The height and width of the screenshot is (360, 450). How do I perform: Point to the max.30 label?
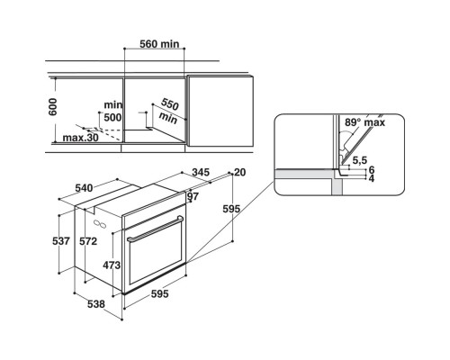pyautogui.click(x=80, y=138)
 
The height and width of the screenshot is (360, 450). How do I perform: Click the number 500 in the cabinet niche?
pyautogui.click(x=112, y=117)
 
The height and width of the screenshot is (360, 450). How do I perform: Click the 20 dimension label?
pyautogui.click(x=238, y=172)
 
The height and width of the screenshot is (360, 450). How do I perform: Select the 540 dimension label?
pyautogui.click(x=85, y=188)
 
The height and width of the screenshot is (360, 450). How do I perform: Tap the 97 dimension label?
pyautogui.click(x=193, y=196)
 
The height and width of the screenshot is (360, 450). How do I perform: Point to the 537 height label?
pyautogui.click(x=60, y=240)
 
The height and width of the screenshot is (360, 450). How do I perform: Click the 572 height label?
pyautogui.click(x=87, y=240)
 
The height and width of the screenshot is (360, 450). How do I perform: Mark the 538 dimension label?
pyautogui.click(x=95, y=304)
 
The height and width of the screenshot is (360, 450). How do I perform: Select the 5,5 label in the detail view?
pyautogui.click(x=360, y=160)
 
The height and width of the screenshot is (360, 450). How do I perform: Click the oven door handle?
pyautogui.click(x=154, y=237)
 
